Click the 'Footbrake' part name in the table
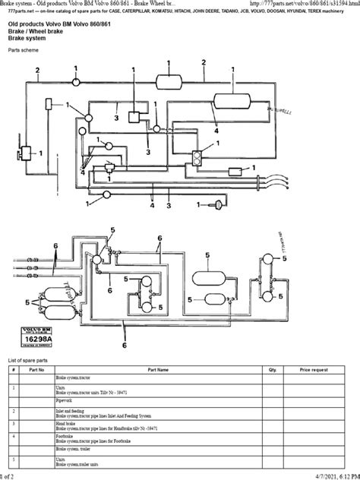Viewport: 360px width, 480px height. click(67, 437)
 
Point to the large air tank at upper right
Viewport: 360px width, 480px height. click(233, 99)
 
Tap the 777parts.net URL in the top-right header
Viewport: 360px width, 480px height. click(296, 5)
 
